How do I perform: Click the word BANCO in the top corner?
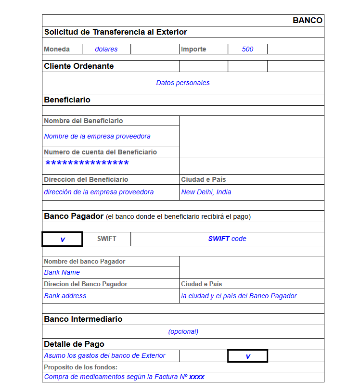pos(307,20)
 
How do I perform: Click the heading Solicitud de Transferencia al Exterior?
pos(116,32)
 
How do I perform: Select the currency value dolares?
pos(106,49)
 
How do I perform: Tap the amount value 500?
pos(247,49)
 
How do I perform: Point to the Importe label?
pos(193,49)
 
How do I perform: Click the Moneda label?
pos(57,49)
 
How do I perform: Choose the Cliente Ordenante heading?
pos(79,66)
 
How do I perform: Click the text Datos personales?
pos(183,83)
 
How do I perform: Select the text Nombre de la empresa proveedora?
pos(97,136)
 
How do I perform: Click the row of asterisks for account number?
pos(87,164)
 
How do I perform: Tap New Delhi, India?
pos(206,192)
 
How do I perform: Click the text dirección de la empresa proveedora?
pos(99,192)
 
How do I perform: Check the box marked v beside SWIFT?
pos(63,239)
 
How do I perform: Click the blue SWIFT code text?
pos(227,239)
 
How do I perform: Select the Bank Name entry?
pos(62,272)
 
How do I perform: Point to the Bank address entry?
pos(65,296)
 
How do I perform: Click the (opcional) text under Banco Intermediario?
pos(183,331)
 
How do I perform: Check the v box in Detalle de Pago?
pos(247,356)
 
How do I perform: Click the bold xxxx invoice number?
pos(196,377)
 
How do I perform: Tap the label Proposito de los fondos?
pos(81,367)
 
